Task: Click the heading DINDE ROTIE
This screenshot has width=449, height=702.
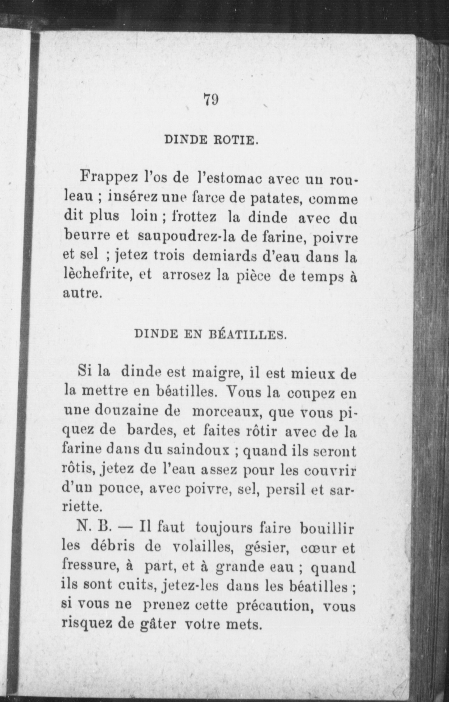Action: coord(211,140)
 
